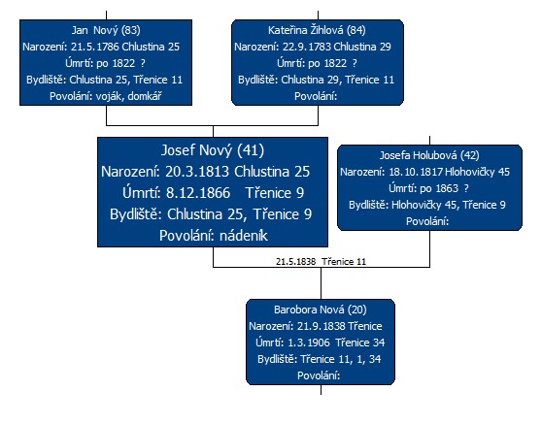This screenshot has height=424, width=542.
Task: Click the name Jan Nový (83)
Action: [x=106, y=30]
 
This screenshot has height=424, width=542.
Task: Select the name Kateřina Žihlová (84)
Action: [x=317, y=30]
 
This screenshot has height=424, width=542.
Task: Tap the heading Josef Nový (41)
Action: [x=213, y=150]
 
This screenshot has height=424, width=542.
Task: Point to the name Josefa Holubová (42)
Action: [x=429, y=155]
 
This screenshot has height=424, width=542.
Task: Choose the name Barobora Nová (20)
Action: [x=321, y=310]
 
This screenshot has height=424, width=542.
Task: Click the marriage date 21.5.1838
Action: [x=296, y=262]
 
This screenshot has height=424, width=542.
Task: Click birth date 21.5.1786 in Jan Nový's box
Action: [x=95, y=47]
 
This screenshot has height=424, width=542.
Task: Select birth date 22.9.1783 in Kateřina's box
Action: [x=307, y=47]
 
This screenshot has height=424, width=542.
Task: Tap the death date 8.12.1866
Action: [x=198, y=193]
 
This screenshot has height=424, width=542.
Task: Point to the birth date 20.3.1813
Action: [x=197, y=172]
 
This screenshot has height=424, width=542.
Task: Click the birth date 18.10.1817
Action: [x=416, y=172]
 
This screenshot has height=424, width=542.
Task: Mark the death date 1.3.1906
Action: [x=309, y=342]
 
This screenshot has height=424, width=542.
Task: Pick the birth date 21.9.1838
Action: [x=322, y=326]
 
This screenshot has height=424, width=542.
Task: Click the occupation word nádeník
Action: [x=244, y=236]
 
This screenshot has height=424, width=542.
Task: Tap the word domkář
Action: [x=145, y=96]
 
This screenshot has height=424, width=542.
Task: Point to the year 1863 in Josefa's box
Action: [x=447, y=188]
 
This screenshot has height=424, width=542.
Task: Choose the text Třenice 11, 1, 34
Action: [x=341, y=359]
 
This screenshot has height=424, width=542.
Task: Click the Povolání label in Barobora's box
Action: [x=319, y=375]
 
